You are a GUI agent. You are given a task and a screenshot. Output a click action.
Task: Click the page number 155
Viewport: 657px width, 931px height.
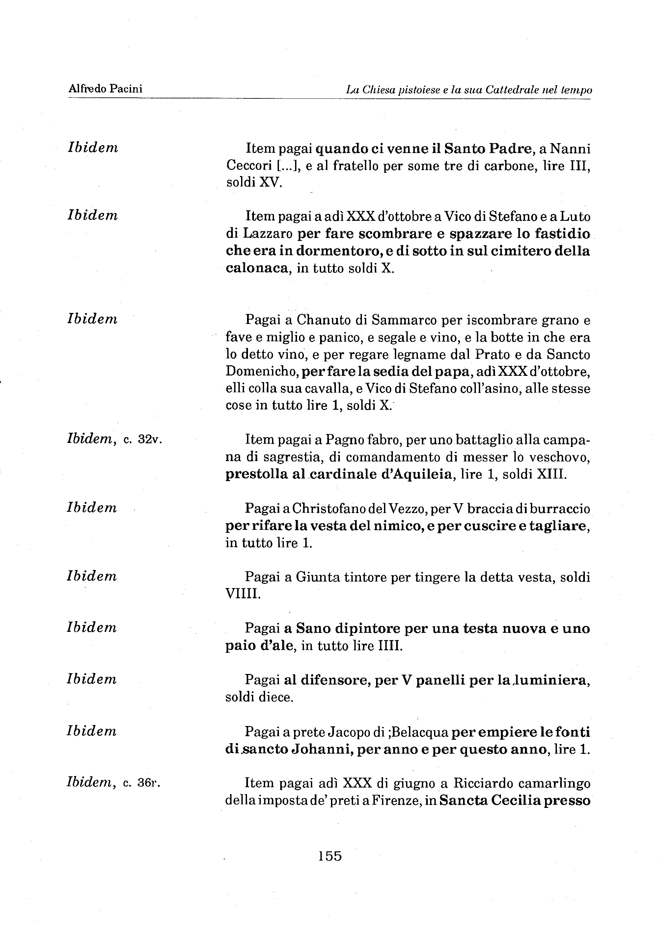(x=330, y=856)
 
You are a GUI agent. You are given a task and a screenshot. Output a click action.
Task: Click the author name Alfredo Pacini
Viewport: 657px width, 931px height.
(x=105, y=89)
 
